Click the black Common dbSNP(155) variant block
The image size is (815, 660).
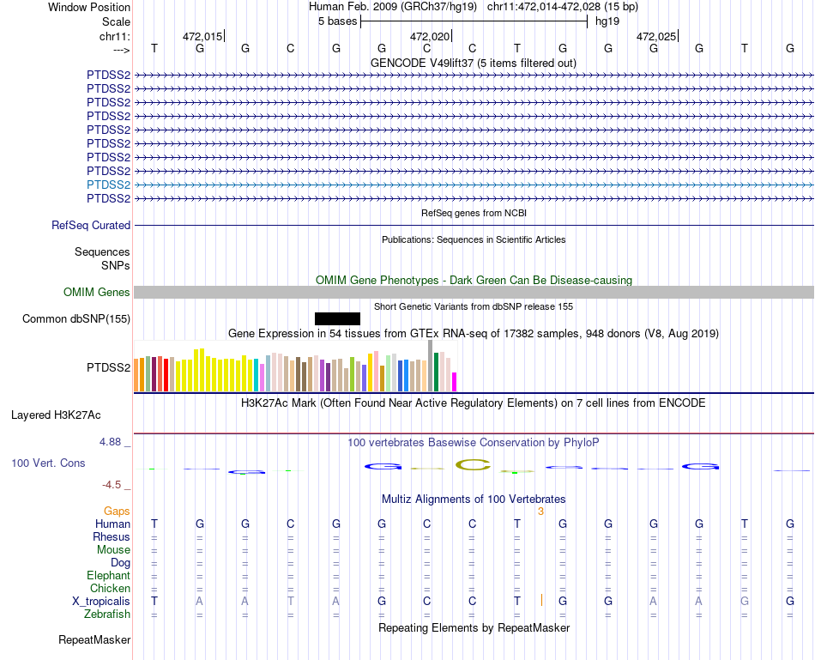coord(337,318)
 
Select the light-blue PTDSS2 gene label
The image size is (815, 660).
coord(108,185)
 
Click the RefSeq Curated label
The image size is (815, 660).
coord(91,226)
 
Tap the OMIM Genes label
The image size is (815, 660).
coord(97,293)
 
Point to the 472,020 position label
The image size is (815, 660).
coord(429,37)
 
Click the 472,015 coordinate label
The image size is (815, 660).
coord(202,37)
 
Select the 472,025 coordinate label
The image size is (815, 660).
coord(655,37)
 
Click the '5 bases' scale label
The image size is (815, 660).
coord(337,21)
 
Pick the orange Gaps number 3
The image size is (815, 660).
coord(540,512)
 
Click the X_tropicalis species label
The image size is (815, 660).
coord(101,602)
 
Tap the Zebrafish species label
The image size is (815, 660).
coord(107,615)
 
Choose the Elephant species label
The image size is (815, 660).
coord(108,576)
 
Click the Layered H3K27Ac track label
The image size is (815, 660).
coord(56,415)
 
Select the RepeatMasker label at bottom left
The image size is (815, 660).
coord(94,640)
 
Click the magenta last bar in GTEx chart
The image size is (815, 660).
coord(455,382)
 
